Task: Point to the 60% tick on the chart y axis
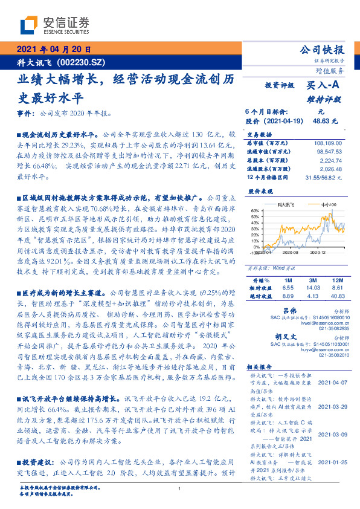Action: pyautogui.click(x=254, y=211)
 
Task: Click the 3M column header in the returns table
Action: pyautogui.click(x=313, y=281)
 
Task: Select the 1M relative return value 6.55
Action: pyautogui.click(x=288, y=289)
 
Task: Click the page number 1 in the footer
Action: pyautogui.click(x=179, y=488)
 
